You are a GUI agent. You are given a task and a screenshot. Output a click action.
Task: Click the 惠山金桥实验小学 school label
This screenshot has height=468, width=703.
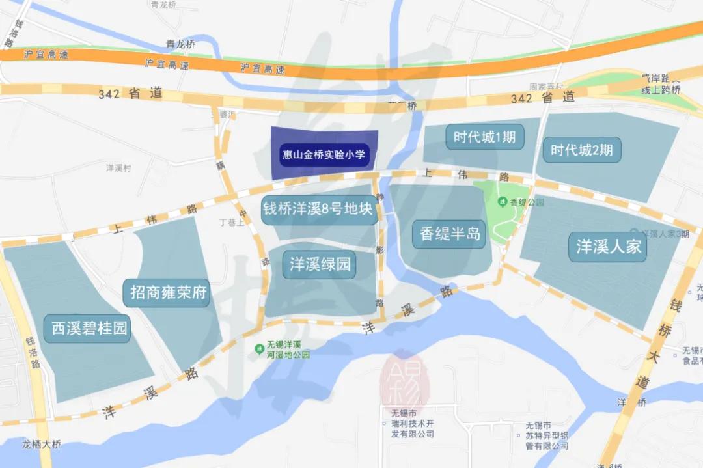tap(325, 156)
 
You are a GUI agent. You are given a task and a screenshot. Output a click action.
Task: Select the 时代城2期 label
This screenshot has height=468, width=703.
tap(581, 150)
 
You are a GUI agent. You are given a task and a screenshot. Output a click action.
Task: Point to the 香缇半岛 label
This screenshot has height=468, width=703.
tap(450, 233)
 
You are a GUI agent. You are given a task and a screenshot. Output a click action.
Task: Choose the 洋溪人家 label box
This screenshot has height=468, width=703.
tap(609, 247)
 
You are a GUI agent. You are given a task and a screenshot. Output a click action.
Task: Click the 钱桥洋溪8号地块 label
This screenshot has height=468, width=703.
tap(318, 210)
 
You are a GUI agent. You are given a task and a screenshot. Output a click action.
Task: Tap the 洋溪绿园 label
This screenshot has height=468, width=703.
tap(320, 264)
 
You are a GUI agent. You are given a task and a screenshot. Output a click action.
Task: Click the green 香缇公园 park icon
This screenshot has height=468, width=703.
tap(503, 202)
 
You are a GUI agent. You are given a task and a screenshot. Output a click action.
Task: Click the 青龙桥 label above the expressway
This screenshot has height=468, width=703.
tap(180, 45)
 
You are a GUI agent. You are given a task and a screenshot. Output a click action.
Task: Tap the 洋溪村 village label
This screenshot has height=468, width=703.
tap(118, 168)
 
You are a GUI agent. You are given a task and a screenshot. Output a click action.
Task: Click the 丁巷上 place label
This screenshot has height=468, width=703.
tap(232, 222)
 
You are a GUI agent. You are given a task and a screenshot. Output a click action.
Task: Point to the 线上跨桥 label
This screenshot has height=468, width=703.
tap(659, 90)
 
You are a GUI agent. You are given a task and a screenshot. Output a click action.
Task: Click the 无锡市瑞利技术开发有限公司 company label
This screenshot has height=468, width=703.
tap(408, 424)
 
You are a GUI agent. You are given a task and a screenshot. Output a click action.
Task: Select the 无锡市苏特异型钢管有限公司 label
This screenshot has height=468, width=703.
tap(547, 436)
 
